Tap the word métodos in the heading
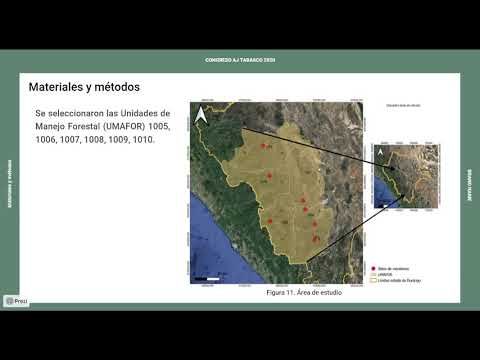(128, 88)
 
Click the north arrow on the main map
(201, 116)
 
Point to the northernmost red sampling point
(265, 146)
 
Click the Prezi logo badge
(15, 300)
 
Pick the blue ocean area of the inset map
(380, 195)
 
